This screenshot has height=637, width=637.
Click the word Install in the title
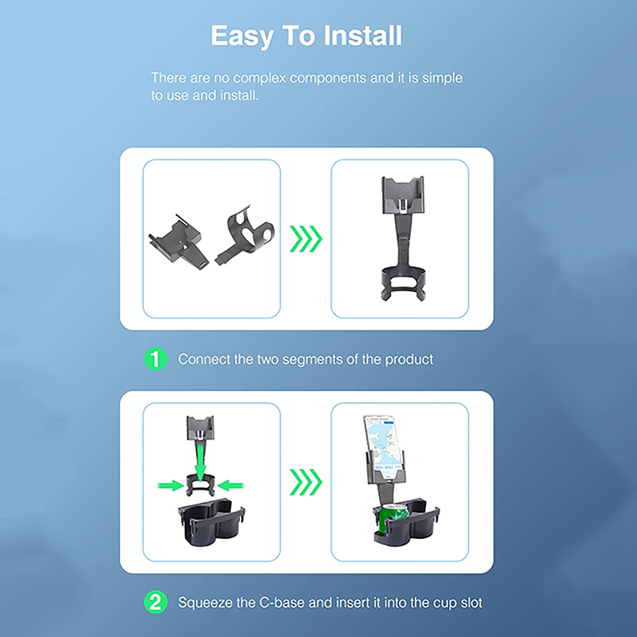click(363, 36)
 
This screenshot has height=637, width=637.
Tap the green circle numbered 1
click(155, 359)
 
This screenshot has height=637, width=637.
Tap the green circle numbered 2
click(155, 602)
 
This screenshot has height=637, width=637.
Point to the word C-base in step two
click(282, 603)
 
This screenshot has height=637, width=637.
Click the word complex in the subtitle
click(260, 78)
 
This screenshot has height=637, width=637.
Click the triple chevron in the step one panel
click(306, 238)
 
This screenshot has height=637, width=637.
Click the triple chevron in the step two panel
click(306, 483)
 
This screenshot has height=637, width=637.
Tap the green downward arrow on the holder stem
click(201, 461)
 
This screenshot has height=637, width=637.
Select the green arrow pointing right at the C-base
click(170, 486)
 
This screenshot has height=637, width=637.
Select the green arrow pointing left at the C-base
click(230, 486)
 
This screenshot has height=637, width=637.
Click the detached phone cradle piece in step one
click(178, 243)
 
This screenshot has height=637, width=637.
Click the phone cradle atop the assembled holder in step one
click(403, 195)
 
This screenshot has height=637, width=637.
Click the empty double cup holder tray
click(211, 523)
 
